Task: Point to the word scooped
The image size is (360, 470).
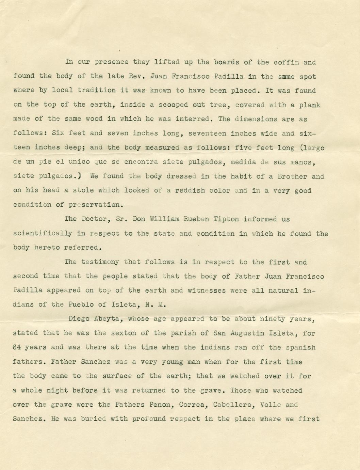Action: [x=176, y=105]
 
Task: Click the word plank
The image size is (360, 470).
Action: [x=310, y=105]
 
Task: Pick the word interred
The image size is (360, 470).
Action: [x=193, y=119]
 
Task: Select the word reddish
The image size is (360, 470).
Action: [x=190, y=190]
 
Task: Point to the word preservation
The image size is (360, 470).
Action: [x=94, y=205]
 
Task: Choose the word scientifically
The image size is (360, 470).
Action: [x=43, y=234]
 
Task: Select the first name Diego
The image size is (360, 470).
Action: [x=79, y=319]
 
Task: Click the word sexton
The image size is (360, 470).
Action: [x=126, y=333]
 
